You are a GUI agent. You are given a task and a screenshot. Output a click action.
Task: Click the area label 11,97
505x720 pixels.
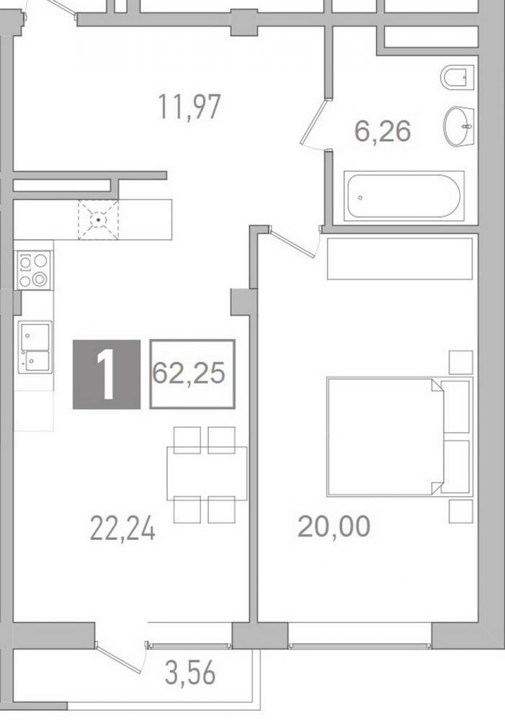[189, 107]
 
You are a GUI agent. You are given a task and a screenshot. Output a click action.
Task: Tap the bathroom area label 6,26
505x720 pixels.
[383, 131]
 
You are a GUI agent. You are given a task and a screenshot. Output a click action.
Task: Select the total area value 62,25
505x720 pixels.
[189, 373]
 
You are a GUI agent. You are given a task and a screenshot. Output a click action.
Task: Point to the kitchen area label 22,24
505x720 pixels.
[122, 528]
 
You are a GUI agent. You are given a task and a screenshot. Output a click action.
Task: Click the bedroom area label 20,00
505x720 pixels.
[334, 526]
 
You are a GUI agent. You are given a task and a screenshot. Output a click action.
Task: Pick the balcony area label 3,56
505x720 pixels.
[189, 674]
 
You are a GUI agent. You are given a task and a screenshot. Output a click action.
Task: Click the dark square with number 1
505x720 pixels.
[107, 374]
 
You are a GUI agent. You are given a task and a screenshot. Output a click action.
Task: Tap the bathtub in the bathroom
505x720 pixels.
[404, 196]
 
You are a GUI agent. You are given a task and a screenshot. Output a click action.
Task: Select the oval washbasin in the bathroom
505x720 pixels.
[459, 126]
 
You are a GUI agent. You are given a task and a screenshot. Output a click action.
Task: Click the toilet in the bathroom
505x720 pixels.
[457, 76]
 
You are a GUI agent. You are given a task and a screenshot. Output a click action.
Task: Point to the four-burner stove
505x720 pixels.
[34, 270]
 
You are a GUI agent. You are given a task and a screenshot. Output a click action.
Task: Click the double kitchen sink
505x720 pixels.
[35, 347]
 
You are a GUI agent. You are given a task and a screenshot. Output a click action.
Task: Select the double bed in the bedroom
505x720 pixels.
[400, 437]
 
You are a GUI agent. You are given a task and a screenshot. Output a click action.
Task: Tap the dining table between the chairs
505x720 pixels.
[207, 473]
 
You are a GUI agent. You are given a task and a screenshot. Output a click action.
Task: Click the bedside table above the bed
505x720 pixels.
[461, 362]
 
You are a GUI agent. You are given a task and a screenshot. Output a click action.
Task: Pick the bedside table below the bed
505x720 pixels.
[461, 511]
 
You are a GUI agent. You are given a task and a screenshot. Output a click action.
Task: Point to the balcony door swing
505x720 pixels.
[122, 657]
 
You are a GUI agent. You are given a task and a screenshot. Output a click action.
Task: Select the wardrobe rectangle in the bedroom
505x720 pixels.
[400, 258]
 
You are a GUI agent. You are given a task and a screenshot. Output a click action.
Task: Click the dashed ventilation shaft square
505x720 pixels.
[99, 220]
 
